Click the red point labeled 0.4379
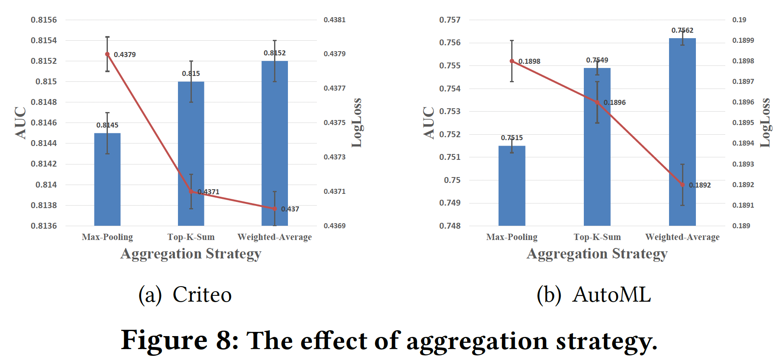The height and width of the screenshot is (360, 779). click(x=107, y=54)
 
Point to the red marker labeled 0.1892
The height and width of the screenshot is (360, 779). click(x=682, y=185)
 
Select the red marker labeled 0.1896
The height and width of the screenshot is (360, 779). click(x=597, y=102)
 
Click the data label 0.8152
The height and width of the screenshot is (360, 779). click(x=274, y=53)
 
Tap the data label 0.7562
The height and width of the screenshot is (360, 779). click(x=682, y=30)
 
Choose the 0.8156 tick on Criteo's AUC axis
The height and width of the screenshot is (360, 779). click(x=44, y=20)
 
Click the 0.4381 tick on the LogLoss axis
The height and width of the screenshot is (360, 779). click(x=335, y=20)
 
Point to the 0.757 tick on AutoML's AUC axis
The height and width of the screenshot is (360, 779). click(x=450, y=20)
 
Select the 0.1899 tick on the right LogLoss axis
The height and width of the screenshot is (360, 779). click(x=743, y=40)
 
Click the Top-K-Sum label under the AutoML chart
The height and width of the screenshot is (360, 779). click(x=597, y=237)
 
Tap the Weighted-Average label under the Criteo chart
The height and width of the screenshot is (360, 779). click(x=274, y=237)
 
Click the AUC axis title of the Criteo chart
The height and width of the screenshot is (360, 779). click(x=20, y=123)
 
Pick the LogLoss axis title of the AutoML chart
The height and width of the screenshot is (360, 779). click(x=765, y=123)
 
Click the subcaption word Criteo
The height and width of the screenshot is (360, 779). click(x=202, y=294)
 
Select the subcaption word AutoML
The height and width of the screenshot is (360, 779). click(x=612, y=294)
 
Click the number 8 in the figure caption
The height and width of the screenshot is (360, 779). click(x=226, y=340)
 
